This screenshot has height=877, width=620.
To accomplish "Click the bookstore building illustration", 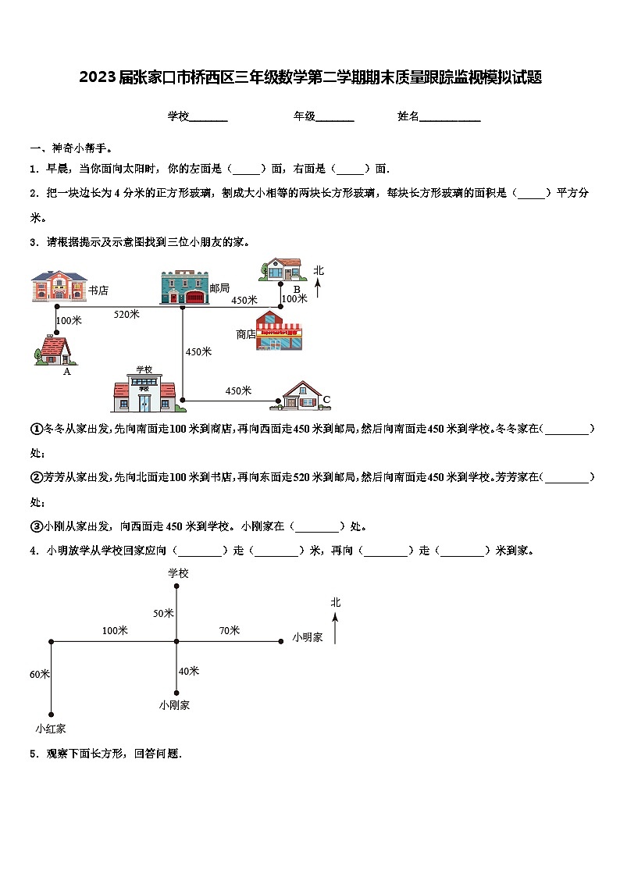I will tap(59, 286).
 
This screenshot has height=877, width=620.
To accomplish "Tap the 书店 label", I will tap(98, 291).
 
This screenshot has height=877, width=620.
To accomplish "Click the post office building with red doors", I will tap(185, 287).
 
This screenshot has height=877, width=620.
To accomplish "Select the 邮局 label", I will tap(219, 288).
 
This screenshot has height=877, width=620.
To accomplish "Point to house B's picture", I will tap(283, 269).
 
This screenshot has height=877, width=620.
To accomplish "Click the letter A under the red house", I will tap(67, 372).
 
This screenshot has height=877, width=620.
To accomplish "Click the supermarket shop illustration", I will tap(280, 330).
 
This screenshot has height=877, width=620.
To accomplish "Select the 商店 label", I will tap(246, 334).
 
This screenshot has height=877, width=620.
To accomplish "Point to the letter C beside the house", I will tap(326, 400).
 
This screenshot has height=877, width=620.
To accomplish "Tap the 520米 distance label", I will tap(126, 314).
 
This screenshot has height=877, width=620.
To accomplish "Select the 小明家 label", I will tap(308, 637).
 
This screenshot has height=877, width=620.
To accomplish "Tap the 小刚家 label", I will tap(174, 704).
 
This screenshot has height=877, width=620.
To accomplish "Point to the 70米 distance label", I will tap(230, 630).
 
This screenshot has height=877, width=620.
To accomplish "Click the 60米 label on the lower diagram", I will tap(40, 674).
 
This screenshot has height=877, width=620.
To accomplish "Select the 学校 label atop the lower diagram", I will tap(178, 573).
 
